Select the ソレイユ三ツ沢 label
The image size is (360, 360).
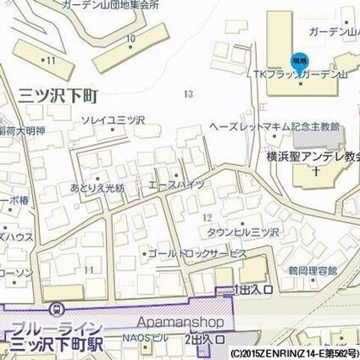point(113,121)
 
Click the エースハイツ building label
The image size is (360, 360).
point(176,184)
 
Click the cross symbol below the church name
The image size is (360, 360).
point(315,170)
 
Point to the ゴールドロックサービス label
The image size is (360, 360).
point(197,253)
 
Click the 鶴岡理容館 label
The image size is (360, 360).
point(313,270)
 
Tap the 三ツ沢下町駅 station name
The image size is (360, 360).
point(56,344)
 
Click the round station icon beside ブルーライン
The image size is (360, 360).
point(56,309)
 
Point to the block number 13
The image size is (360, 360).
point(187,94)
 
